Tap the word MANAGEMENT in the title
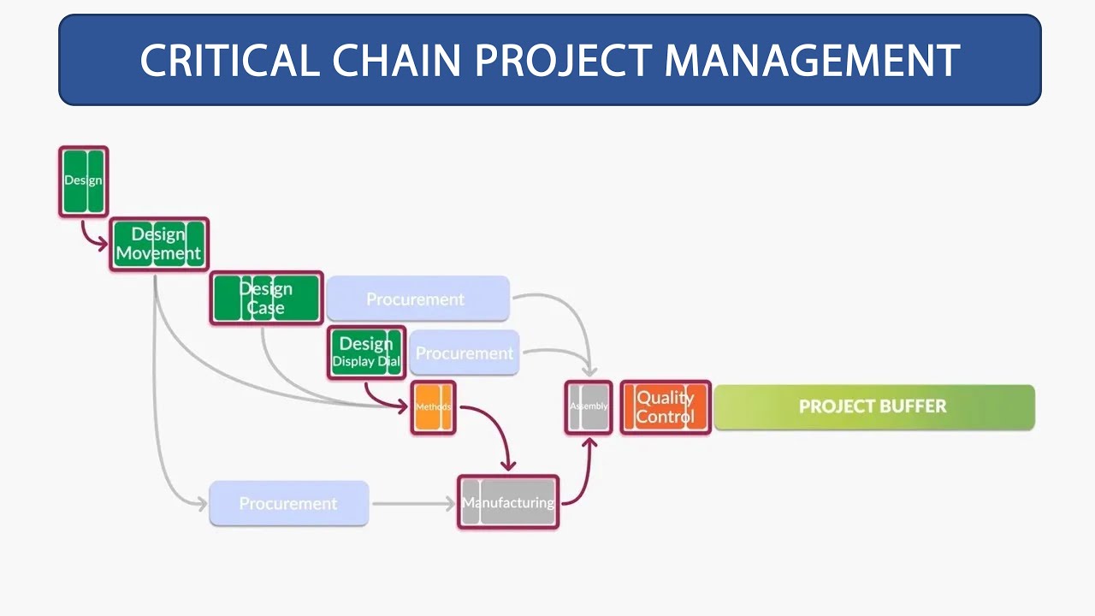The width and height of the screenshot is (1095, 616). tap(812, 61)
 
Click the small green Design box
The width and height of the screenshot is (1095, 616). tap(83, 181)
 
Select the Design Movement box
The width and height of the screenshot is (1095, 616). tap(158, 244)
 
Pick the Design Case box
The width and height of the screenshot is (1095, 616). tap(266, 299)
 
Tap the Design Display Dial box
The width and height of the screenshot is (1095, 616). tap(366, 352)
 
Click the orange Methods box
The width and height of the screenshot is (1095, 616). tap(433, 407)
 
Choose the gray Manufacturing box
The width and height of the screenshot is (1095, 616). tap(508, 502)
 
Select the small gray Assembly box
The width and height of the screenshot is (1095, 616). tap(589, 406)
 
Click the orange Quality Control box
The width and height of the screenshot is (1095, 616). tap(665, 407)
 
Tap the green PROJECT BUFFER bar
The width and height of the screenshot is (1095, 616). tap(873, 406)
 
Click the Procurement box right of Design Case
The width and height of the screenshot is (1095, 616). tap(417, 299)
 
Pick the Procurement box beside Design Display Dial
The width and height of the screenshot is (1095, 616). tap(464, 352)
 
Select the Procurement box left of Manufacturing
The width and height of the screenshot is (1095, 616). tap(288, 503)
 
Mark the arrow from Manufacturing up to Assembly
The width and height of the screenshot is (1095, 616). tap(581, 476)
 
